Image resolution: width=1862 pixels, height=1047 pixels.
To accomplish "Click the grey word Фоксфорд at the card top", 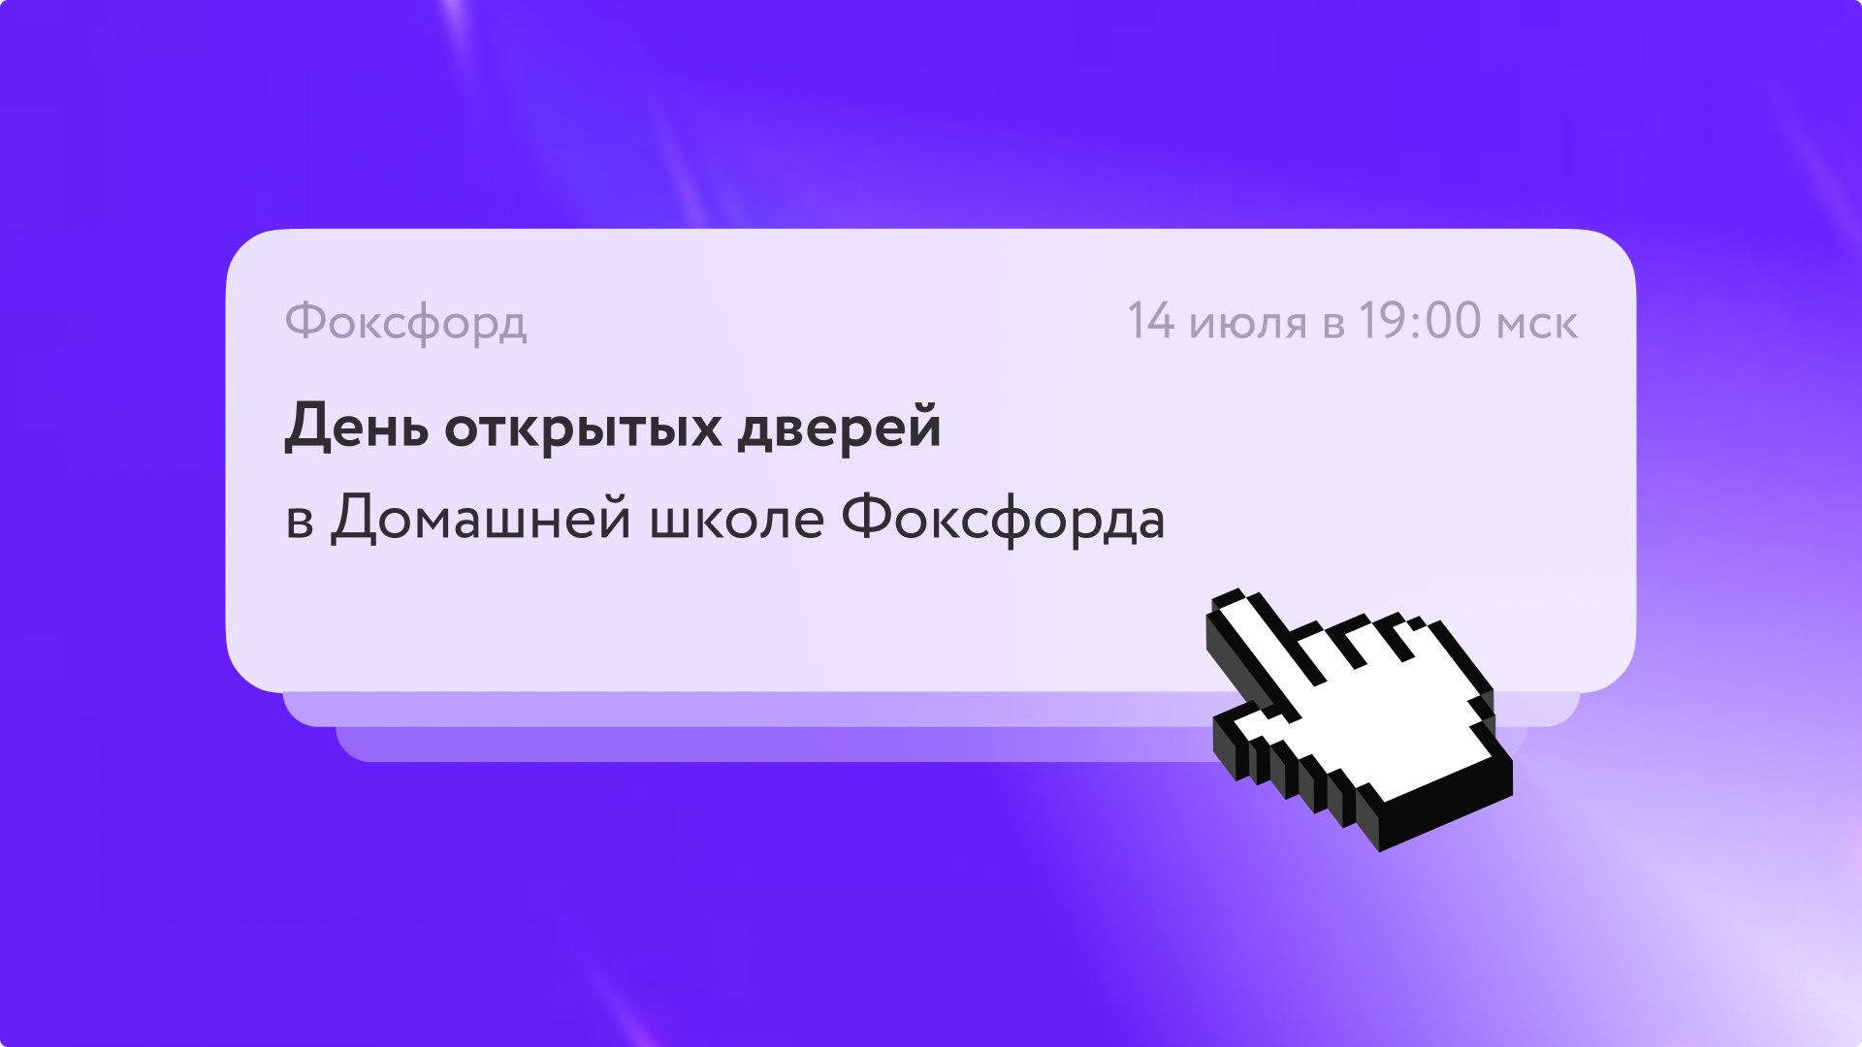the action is [406, 322].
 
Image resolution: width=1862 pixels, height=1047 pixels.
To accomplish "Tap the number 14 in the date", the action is [1151, 321].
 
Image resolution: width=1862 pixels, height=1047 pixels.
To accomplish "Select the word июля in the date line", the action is [1248, 325].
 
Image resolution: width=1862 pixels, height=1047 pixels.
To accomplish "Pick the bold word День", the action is [356, 427].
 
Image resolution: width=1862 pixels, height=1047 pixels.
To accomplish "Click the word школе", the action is [737, 522].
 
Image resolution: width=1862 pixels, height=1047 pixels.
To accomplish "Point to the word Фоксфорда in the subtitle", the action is [1003, 519].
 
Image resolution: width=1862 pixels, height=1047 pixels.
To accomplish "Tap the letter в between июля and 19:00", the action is [1333, 326].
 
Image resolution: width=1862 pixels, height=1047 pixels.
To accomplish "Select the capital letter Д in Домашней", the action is [353, 520].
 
